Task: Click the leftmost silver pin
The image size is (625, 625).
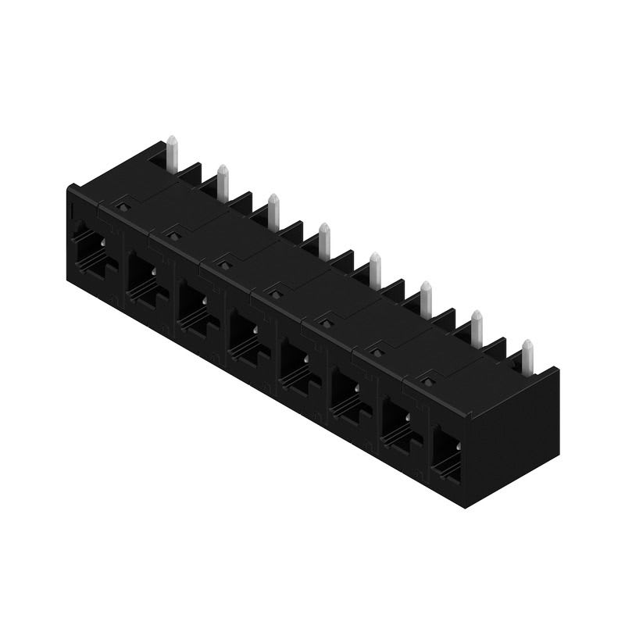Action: (172, 155)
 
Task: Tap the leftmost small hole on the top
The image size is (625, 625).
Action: (121, 204)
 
